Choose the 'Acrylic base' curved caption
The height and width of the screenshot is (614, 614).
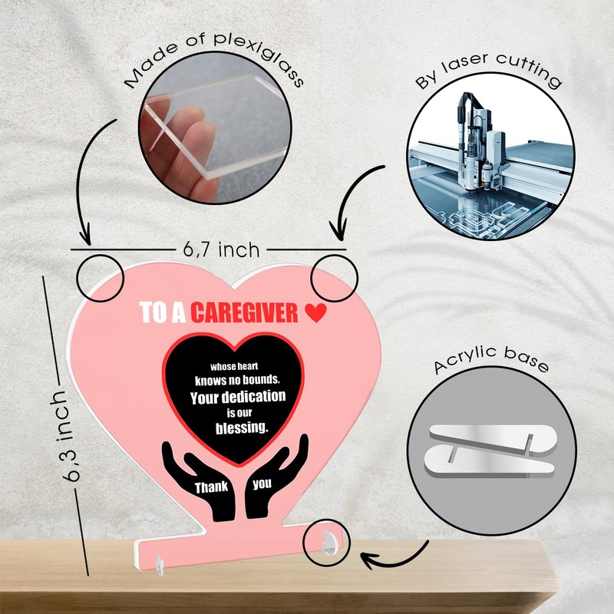491,365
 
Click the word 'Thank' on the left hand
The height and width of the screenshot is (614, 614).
210,487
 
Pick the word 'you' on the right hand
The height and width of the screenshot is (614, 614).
263,484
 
